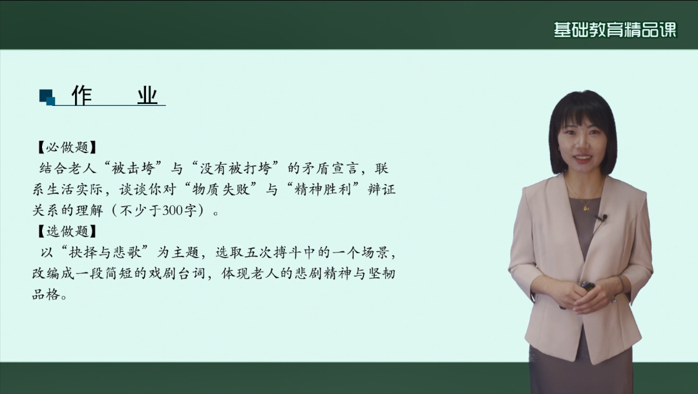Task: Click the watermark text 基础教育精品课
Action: coord(614,30)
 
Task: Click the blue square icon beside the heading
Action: coord(47,97)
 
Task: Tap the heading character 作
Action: coord(81,96)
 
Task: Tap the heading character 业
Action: coord(147,96)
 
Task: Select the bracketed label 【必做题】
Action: coord(67,147)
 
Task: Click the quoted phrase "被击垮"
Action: coord(132,169)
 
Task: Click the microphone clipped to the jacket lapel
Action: coord(602,218)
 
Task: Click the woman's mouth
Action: coord(582,158)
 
